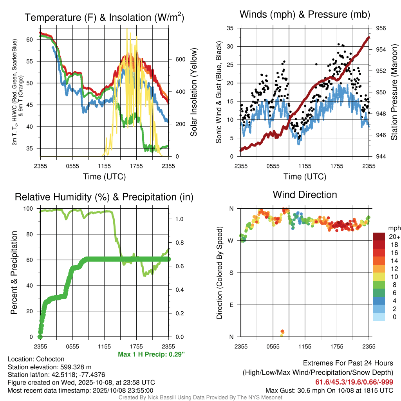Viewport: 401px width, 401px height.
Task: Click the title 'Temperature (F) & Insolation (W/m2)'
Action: click(104, 18)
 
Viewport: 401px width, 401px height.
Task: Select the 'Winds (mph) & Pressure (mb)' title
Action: click(305, 14)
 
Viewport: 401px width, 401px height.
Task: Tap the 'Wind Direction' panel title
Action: click(305, 195)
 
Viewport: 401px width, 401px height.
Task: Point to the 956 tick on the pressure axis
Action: click(381, 28)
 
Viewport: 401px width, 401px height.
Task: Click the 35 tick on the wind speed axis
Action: click(230, 28)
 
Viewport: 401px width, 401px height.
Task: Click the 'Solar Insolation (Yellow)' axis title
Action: click(193, 92)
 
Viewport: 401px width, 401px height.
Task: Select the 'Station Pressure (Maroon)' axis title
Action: click(394, 92)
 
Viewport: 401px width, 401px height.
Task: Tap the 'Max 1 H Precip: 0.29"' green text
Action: click(151, 354)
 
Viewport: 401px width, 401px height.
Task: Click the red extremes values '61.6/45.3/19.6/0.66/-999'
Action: click(354, 382)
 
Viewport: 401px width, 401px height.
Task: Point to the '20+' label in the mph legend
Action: click(394, 237)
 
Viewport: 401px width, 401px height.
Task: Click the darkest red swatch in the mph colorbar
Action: click(379, 237)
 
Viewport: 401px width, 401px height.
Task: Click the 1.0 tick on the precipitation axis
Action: click(179, 219)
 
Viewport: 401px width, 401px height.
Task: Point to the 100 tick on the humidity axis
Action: click(33, 208)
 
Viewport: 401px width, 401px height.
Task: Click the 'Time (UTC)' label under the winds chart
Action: click(305, 177)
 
